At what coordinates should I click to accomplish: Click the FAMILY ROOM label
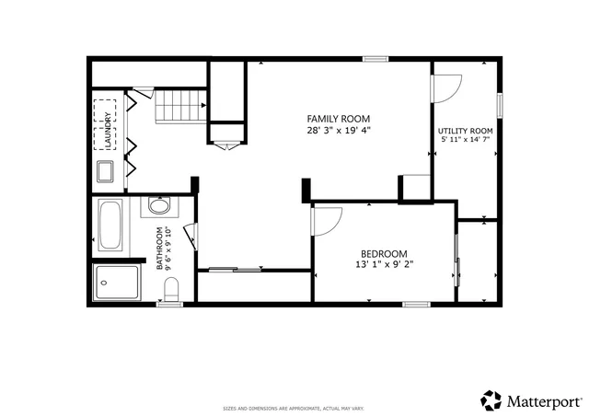pyautogui.click(x=338, y=119)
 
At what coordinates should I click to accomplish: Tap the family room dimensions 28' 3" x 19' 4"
pyautogui.click(x=338, y=131)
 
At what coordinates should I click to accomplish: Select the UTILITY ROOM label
pyautogui.click(x=465, y=132)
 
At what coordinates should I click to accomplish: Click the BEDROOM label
pyautogui.click(x=383, y=255)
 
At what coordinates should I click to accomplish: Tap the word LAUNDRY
pyautogui.click(x=109, y=130)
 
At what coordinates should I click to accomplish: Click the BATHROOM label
pyautogui.click(x=159, y=248)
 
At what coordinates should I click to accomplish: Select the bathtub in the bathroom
pyautogui.click(x=111, y=226)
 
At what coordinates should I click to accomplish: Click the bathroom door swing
pyautogui.click(x=189, y=237)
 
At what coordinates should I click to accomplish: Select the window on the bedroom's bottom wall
pyautogui.click(x=416, y=304)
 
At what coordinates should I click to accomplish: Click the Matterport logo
pyautogui.click(x=531, y=400)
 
